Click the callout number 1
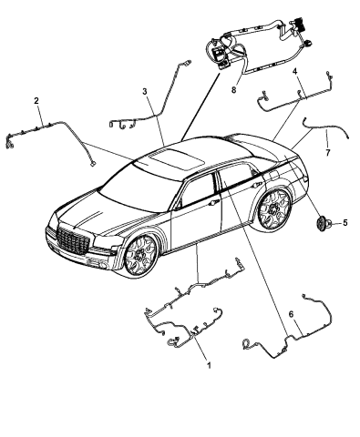pyautogui.click(x=209, y=365)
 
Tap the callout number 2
pyautogui.click(x=36, y=101)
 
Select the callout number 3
pyautogui.click(x=145, y=91)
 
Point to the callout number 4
pyautogui.click(x=294, y=72)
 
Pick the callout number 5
pyautogui.click(x=345, y=223)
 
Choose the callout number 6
pyautogui.click(x=291, y=314)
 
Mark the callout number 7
pyautogui.click(x=327, y=153)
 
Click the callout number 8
pyautogui.click(x=233, y=90)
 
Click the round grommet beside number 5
pyautogui.click(x=321, y=224)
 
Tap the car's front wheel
pyautogui.click(x=140, y=255)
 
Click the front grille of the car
pyautogui.click(x=73, y=239)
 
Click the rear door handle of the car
pyautogui.click(x=259, y=185)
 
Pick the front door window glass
pyautogui.click(x=197, y=190)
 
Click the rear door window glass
pyautogui.click(x=237, y=179)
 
